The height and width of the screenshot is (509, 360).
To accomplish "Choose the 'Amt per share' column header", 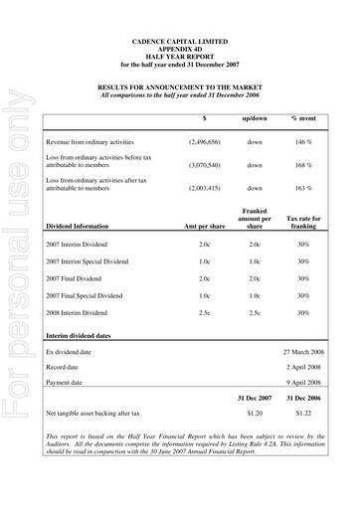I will pos(204,228).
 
